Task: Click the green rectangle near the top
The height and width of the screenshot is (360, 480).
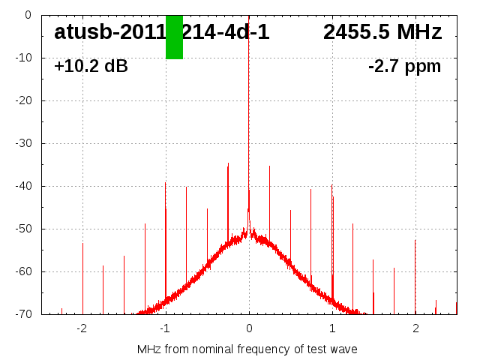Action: tap(174, 37)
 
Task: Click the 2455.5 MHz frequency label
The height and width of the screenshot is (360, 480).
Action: tap(382, 32)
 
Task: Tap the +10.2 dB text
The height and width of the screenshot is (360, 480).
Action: tap(91, 66)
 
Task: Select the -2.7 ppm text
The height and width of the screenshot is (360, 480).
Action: tap(404, 66)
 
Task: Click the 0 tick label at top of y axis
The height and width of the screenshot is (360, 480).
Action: tap(27, 15)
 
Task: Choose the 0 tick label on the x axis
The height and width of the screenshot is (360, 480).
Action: tap(249, 328)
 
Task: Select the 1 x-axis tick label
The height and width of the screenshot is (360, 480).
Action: tap(332, 328)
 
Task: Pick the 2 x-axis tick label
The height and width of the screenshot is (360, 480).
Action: tap(415, 328)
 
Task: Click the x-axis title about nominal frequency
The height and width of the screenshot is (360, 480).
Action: tap(247, 349)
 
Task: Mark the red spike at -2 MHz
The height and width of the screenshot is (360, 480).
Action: tap(83, 277)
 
